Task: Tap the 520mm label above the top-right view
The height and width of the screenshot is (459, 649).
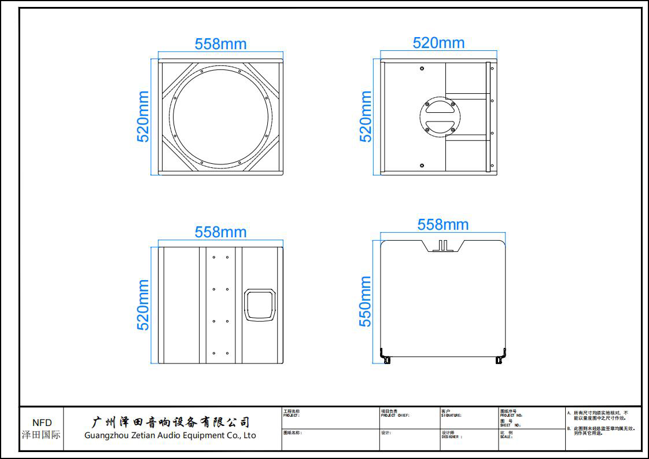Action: coord(438,43)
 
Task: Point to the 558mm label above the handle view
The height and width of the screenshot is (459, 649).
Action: coord(220,232)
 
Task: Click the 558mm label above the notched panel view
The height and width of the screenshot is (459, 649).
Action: coord(443,225)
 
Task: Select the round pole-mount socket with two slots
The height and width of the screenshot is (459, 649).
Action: coord(440,117)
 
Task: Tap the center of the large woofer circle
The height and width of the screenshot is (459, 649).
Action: coord(220,117)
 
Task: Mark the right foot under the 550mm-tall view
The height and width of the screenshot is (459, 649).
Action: coord(500,358)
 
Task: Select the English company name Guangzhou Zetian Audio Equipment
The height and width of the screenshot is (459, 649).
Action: coord(170,435)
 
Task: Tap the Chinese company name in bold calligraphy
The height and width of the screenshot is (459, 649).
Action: coord(171,422)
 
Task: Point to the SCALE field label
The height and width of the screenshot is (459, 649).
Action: coord(506,437)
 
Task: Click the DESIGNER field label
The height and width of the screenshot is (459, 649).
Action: coord(452,437)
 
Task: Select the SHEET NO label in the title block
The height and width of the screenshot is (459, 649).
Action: coord(510,425)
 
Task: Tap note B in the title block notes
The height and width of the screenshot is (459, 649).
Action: coord(602,431)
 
